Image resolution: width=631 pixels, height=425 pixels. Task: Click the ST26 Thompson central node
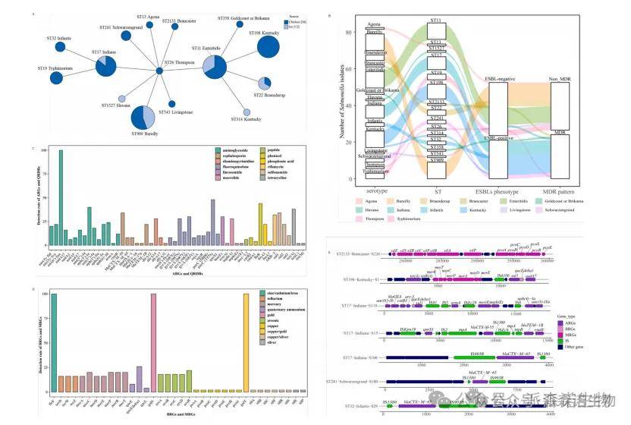(159, 71)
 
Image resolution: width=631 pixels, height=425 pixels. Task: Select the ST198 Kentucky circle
(268, 47)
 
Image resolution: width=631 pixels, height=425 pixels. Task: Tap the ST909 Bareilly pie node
(142, 117)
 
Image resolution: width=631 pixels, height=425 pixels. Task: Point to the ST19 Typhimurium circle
(56, 77)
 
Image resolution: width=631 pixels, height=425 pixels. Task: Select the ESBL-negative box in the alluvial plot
(498, 109)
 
